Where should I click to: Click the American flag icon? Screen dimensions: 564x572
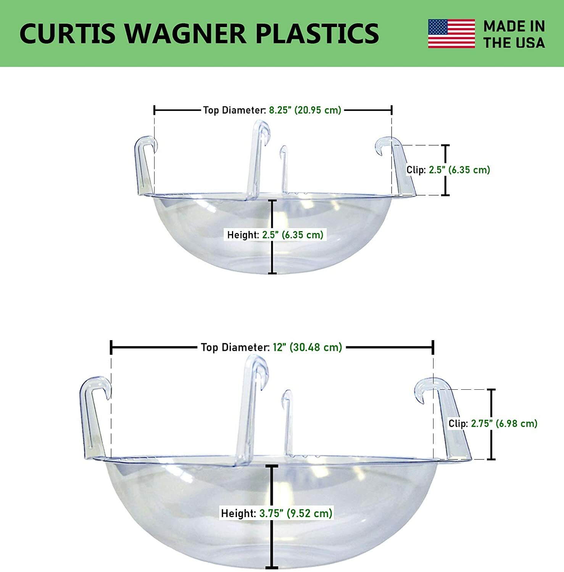(451, 34)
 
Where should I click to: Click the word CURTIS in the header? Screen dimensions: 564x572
(67, 34)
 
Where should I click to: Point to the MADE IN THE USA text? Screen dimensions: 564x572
(514, 34)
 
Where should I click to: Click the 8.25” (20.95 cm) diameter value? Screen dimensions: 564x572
(305, 110)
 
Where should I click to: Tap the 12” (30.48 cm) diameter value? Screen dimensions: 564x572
(307, 347)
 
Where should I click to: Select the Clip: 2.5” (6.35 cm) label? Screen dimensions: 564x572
(448, 170)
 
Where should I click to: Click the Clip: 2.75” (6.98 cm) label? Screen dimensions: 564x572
(493, 424)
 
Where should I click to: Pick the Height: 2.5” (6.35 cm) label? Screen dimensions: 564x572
(275, 235)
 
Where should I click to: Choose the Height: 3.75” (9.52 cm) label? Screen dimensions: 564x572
(277, 513)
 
